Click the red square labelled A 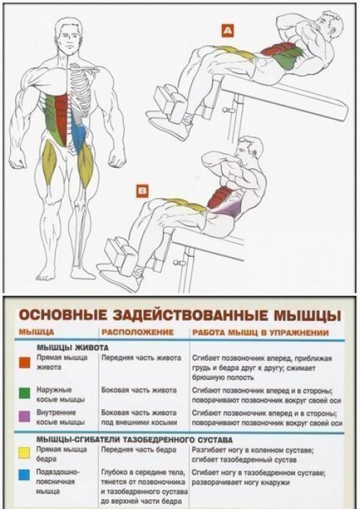[228, 30]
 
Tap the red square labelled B [143, 191]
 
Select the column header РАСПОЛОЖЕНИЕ [138, 333]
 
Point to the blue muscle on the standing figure [81, 133]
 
